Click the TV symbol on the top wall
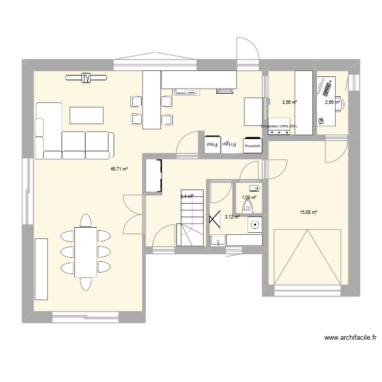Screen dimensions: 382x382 pyautogui.click(x=86, y=78)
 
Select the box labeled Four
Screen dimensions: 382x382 pyautogui.click(x=212, y=144)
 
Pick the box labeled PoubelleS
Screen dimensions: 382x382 pyautogui.click(x=252, y=146)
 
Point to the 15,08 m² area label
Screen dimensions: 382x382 pyautogui.click(x=308, y=212)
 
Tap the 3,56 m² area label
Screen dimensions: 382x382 pyautogui.click(x=289, y=102)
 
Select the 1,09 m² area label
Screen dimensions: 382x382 pyautogui.click(x=249, y=198)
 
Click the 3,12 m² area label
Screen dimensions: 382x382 pyautogui.click(x=232, y=216)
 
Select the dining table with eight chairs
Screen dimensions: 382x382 pyautogui.click(x=85, y=252)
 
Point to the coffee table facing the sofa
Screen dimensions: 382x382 pyautogui.click(x=87, y=115)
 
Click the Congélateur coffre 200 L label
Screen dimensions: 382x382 pyautogui.click(x=279, y=126)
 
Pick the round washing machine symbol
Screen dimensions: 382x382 pyautogui.click(x=254, y=224)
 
